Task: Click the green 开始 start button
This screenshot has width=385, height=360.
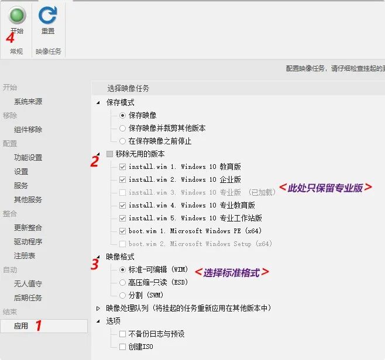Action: [x=17, y=16]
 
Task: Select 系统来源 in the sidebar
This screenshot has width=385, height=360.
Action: [x=28, y=102]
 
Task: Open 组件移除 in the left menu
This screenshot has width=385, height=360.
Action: [x=28, y=130]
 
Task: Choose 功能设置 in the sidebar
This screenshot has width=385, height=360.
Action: [x=28, y=158]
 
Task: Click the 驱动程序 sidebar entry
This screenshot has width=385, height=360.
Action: [x=28, y=242]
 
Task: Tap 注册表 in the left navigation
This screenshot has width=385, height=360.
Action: [x=25, y=256]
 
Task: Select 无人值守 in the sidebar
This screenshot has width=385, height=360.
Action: [x=28, y=284]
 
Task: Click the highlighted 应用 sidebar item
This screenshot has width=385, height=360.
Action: [x=21, y=326]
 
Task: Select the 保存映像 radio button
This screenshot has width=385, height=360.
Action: [x=123, y=116]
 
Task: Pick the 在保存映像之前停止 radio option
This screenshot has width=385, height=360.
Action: [x=123, y=141]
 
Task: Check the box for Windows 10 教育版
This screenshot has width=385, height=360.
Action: [x=122, y=167]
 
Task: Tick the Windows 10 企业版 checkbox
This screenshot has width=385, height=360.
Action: [x=122, y=179]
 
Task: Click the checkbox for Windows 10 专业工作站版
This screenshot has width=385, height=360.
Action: [x=122, y=218]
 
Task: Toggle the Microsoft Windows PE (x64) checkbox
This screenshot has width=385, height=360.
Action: [x=122, y=231]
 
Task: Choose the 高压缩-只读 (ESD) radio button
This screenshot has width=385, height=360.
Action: [x=123, y=282]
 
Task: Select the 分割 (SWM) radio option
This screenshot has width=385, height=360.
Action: [x=123, y=295]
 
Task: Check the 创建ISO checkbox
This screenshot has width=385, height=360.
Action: [x=122, y=347]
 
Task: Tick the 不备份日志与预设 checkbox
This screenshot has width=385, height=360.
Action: [x=122, y=334]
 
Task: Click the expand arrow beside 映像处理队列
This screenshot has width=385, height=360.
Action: [x=98, y=308]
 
